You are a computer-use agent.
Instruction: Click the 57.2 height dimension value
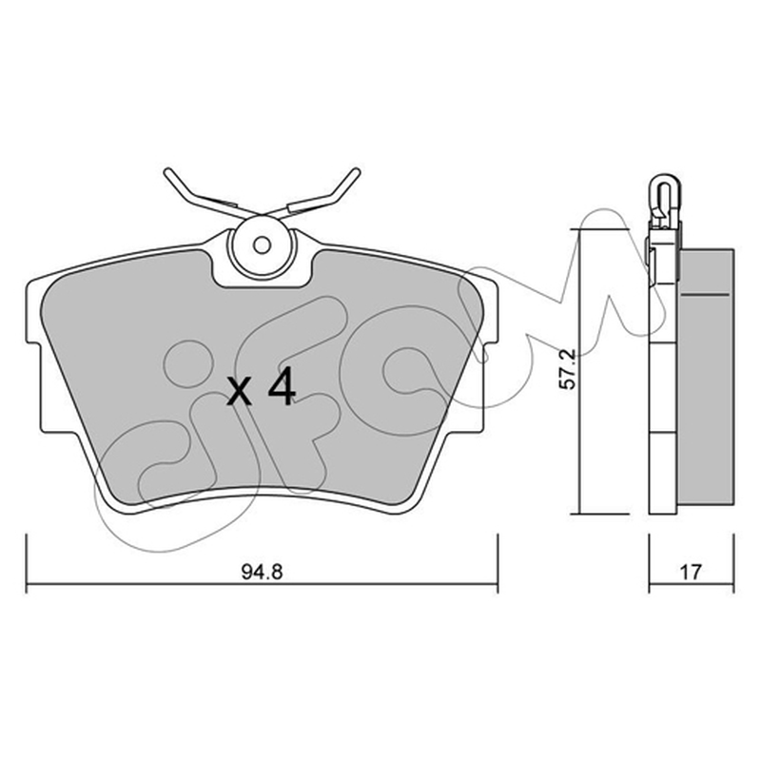(x=567, y=368)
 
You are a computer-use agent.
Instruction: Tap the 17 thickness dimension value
(x=691, y=573)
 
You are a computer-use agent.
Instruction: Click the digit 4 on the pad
(x=282, y=386)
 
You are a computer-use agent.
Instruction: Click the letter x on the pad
(x=241, y=392)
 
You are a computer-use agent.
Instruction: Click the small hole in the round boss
(x=263, y=245)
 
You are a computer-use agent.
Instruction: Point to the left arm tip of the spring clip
(x=168, y=171)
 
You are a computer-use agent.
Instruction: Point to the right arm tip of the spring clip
(x=357, y=171)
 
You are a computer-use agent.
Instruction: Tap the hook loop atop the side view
(x=663, y=186)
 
